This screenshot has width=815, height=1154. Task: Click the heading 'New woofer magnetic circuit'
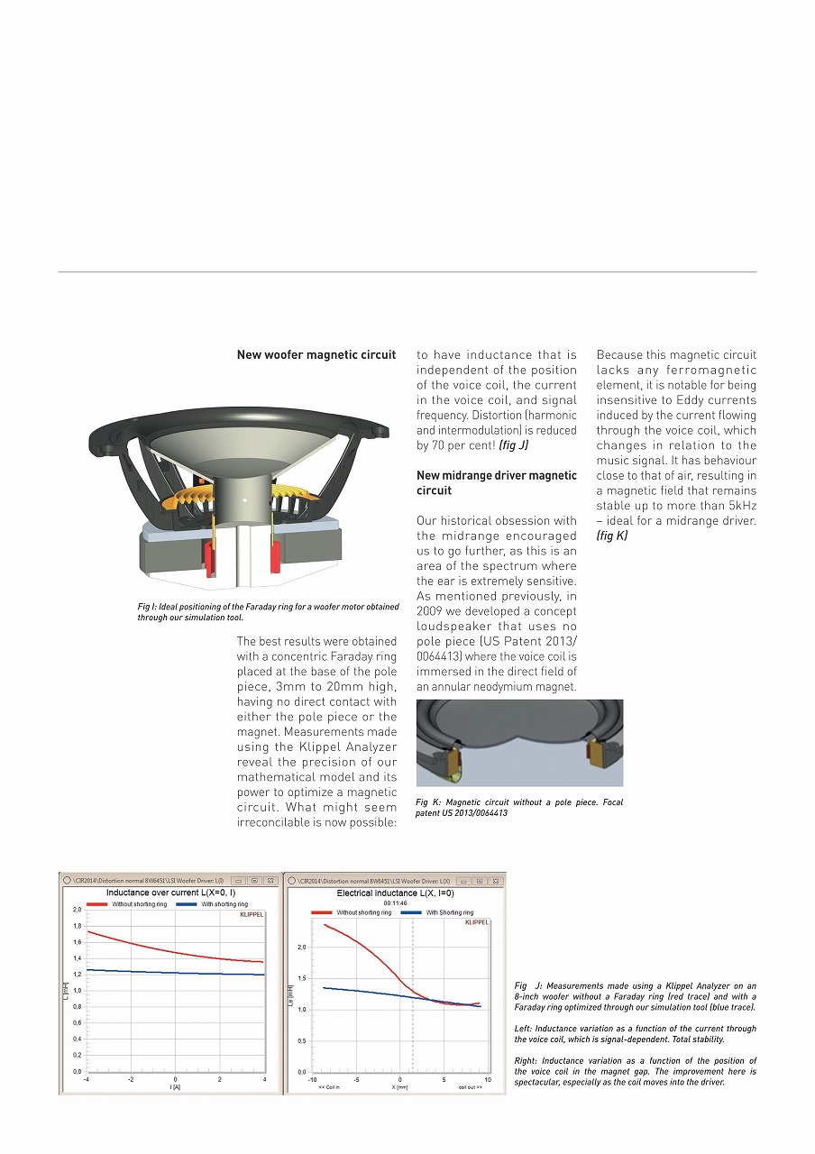[x=316, y=355]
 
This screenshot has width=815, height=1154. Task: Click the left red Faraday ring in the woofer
[x=211, y=559]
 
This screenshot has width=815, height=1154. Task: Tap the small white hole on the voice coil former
[x=243, y=498]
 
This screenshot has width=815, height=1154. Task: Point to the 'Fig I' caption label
[x=147, y=607]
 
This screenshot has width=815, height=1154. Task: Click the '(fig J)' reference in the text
[x=514, y=445]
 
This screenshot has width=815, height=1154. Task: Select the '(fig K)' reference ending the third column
[x=612, y=536]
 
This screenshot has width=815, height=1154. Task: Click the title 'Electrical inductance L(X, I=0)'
[x=395, y=893]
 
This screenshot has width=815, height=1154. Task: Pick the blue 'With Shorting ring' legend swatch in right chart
[x=411, y=912]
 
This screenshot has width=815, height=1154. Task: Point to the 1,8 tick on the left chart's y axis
[x=78, y=926]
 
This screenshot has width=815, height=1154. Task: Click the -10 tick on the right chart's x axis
[x=312, y=1079]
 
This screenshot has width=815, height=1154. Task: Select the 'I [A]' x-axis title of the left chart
[x=175, y=1087]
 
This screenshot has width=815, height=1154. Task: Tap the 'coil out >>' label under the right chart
[x=471, y=1087]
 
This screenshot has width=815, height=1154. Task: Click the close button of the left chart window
[x=270, y=880]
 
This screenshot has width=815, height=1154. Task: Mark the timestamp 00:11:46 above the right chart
[x=395, y=902]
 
